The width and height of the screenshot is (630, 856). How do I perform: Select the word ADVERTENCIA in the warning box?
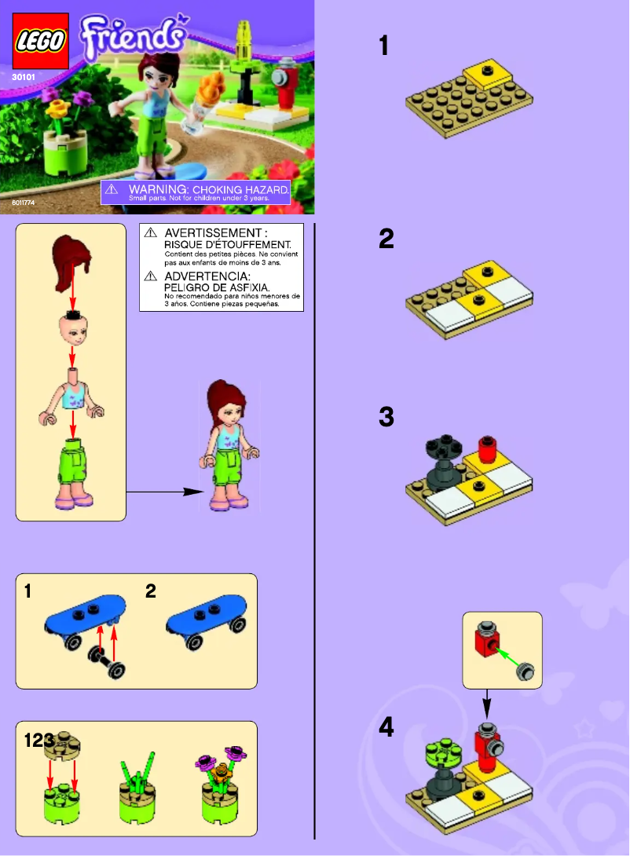pos(207,277)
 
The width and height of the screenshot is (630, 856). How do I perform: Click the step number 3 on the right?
pos(386,417)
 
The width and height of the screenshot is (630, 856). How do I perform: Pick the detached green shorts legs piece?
pos(72,471)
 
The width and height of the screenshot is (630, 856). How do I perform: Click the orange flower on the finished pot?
pos(221,774)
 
